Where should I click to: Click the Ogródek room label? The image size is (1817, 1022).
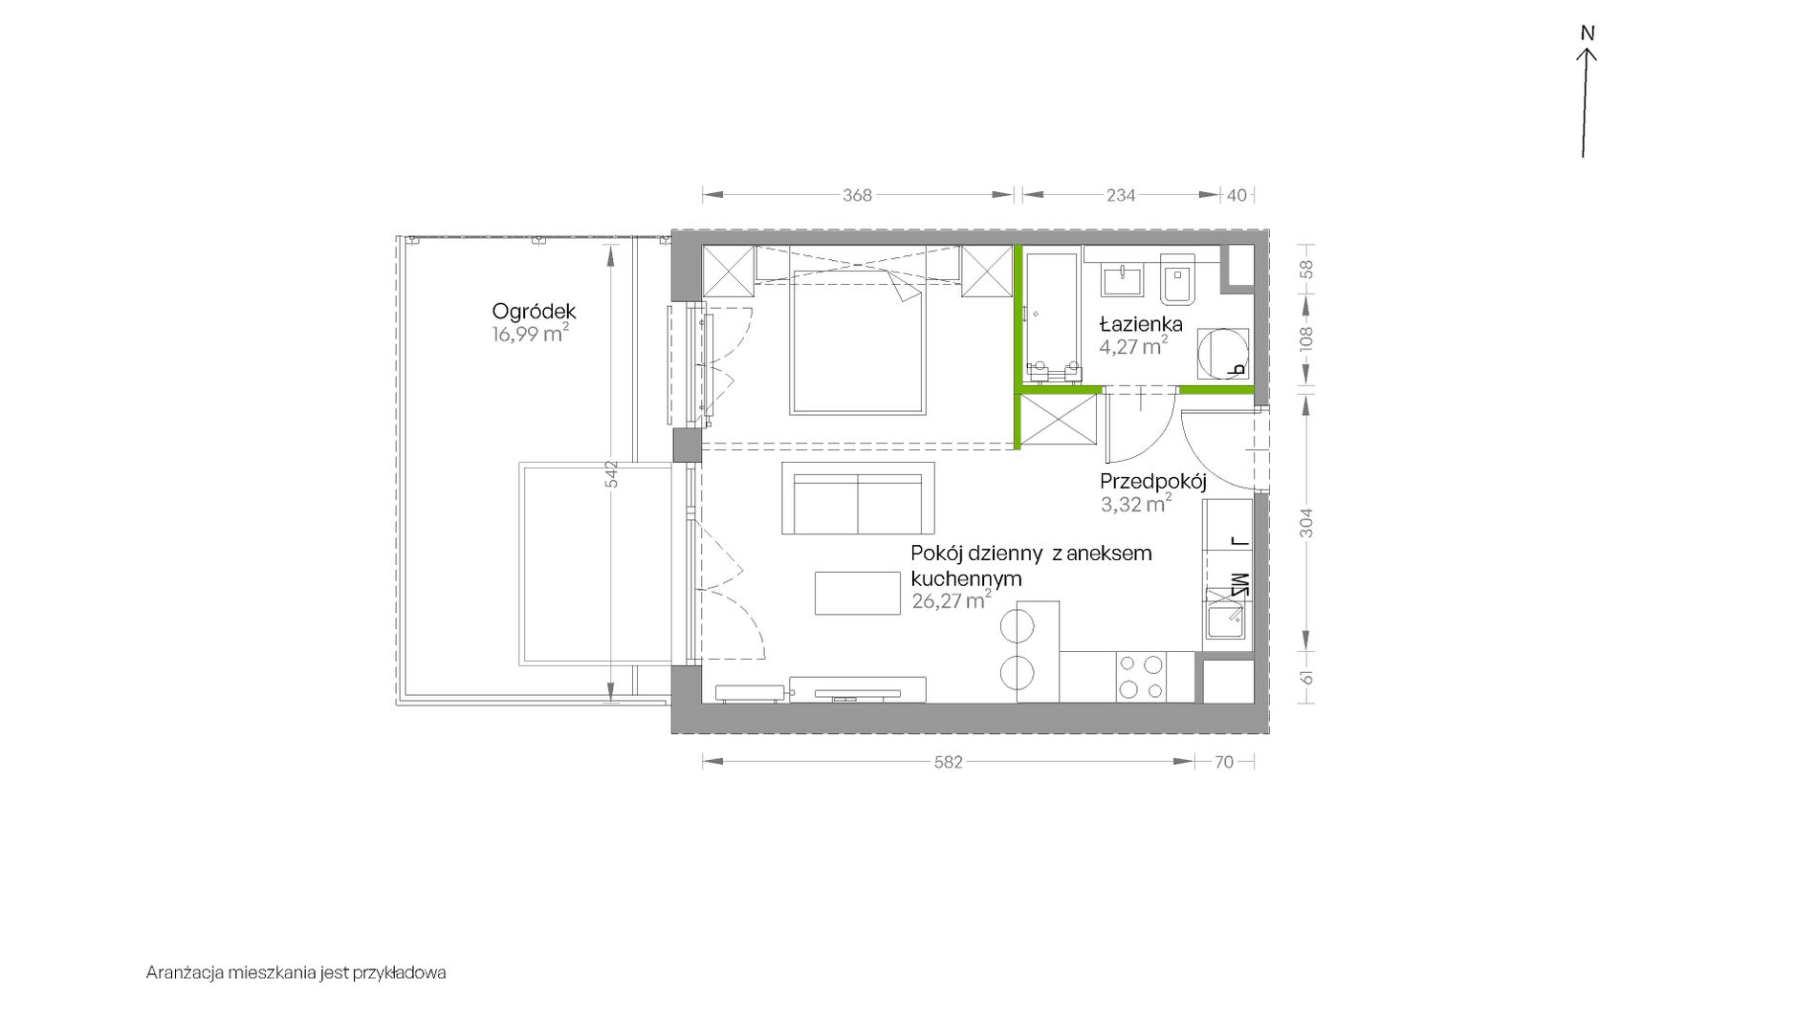(x=534, y=312)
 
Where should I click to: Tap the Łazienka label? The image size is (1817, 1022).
(x=1142, y=323)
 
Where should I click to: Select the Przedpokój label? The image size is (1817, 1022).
(x=1153, y=481)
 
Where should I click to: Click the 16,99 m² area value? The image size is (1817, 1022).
(x=531, y=334)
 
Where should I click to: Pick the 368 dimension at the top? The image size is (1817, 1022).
(x=857, y=195)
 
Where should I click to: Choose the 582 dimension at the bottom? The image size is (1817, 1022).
(x=948, y=762)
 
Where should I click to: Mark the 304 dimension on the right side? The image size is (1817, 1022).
(x=1307, y=522)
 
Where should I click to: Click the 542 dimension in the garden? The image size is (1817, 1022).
(x=612, y=475)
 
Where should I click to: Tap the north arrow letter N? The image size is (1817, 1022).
(x=1587, y=33)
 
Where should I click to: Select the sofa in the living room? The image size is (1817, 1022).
(x=858, y=497)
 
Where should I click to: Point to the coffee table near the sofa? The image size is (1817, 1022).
(x=858, y=593)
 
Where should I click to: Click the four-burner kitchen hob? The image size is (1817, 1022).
(x=1141, y=677)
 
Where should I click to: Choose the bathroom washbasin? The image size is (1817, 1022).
(x=1122, y=280)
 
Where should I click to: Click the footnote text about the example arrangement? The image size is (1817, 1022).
(x=296, y=973)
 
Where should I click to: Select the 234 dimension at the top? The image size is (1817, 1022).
(x=1121, y=195)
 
